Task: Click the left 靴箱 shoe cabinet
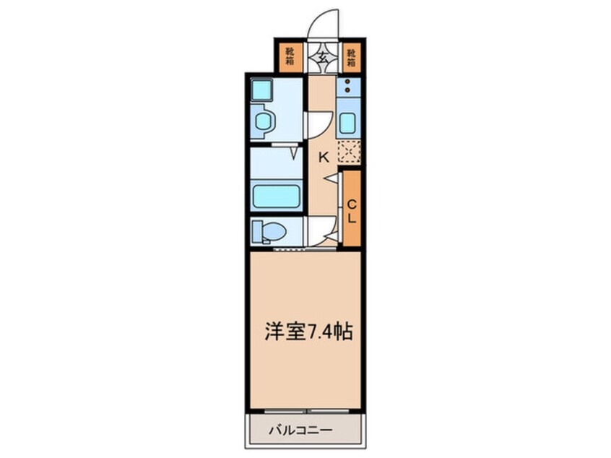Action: click(x=290, y=56)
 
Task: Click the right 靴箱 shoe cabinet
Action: click(x=351, y=56)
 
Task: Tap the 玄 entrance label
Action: click(x=320, y=56)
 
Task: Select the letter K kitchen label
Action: click(x=324, y=156)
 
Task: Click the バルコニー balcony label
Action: click(x=300, y=431)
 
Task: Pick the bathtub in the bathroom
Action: click(x=276, y=196)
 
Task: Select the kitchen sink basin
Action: click(x=347, y=123)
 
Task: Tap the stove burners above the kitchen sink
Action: click(x=347, y=87)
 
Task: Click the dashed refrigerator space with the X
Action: click(x=349, y=151)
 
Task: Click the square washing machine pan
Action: click(x=261, y=90)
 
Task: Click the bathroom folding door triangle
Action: click(x=295, y=152)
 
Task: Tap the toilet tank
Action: click(x=257, y=232)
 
